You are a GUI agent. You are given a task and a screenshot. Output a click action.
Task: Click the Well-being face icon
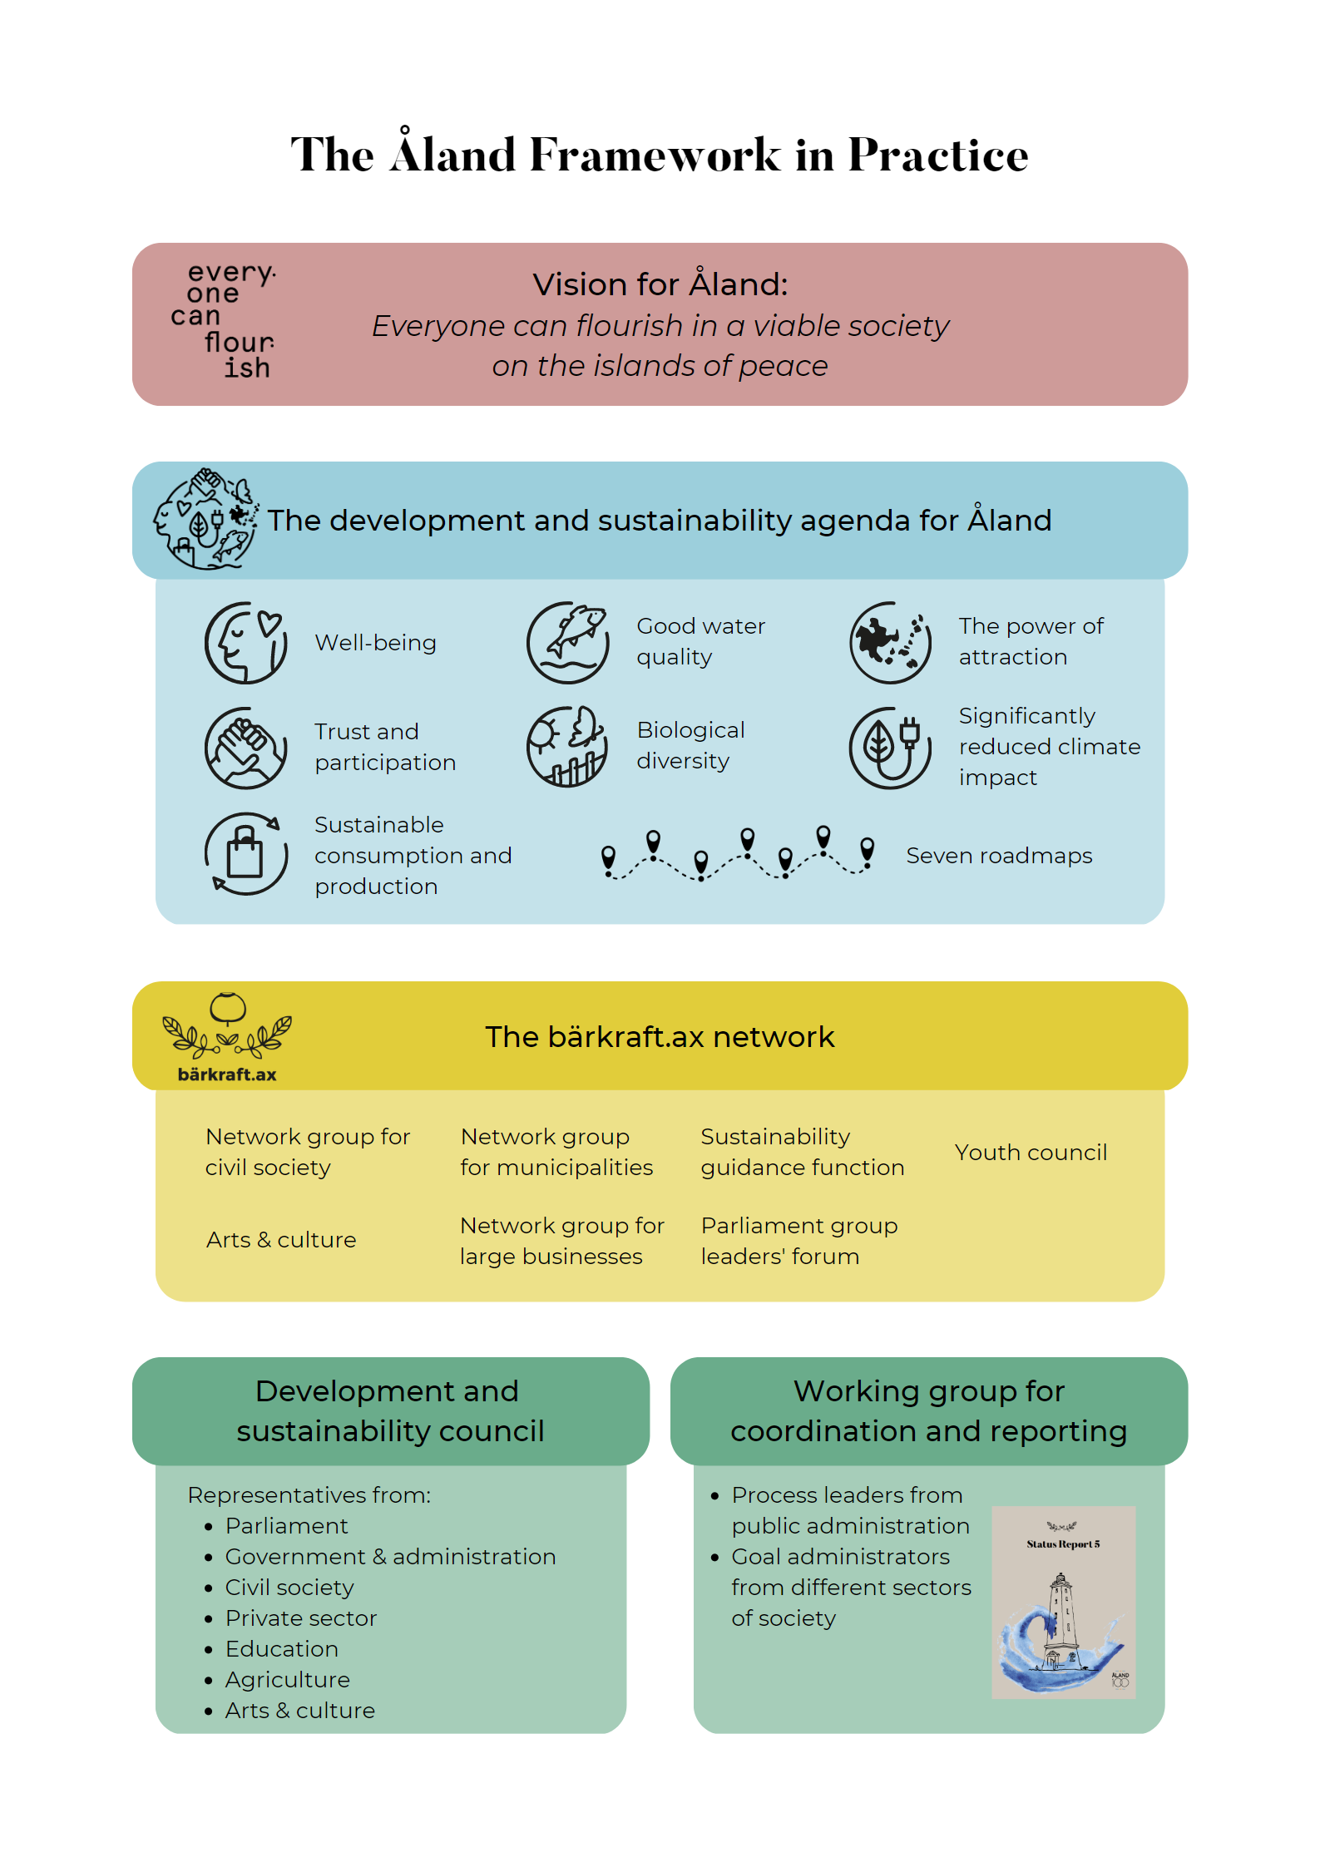(x=246, y=643)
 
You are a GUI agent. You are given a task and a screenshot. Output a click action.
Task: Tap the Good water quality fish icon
(x=568, y=643)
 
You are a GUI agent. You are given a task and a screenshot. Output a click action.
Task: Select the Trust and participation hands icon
(x=246, y=748)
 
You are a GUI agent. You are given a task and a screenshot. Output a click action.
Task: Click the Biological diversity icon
(x=568, y=747)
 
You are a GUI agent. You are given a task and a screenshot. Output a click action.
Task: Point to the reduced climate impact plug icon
(x=890, y=748)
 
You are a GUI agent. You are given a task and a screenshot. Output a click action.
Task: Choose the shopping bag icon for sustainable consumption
(x=246, y=854)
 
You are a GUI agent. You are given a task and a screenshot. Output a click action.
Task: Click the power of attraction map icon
(x=890, y=643)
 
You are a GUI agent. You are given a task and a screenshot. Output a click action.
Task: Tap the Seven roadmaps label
(x=999, y=856)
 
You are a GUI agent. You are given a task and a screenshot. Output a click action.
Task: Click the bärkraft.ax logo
(x=227, y=1037)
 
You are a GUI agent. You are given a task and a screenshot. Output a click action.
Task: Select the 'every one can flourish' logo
(x=224, y=321)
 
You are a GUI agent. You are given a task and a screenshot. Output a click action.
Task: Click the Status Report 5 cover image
(x=1063, y=1602)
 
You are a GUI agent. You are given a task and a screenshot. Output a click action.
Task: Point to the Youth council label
(x=1031, y=1153)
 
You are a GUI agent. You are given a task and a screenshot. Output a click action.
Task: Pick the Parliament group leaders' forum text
(x=799, y=1241)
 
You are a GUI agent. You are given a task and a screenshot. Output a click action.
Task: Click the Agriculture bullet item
(x=287, y=1680)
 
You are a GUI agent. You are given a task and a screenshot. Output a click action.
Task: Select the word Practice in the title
(x=938, y=155)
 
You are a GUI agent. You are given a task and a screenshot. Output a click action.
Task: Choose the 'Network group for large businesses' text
(x=562, y=1241)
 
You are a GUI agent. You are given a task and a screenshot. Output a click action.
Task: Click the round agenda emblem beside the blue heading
(x=205, y=519)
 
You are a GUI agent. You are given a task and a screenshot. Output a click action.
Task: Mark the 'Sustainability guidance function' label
(x=802, y=1152)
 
